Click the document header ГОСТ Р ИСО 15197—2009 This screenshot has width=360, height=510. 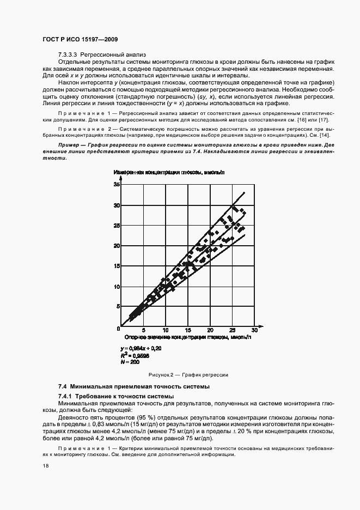pos(81,40)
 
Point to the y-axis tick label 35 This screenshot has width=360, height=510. pos(116,185)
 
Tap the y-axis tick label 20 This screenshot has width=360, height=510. pos(116,246)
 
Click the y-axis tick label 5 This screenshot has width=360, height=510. pos(117,306)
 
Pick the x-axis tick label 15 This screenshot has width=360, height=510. pos(188,330)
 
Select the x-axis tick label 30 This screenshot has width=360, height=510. pos(254,330)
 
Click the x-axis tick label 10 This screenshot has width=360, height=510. pos(166,330)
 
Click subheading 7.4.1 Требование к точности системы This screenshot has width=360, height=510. pos(116,396)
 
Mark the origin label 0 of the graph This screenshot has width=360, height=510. pos(118,329)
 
